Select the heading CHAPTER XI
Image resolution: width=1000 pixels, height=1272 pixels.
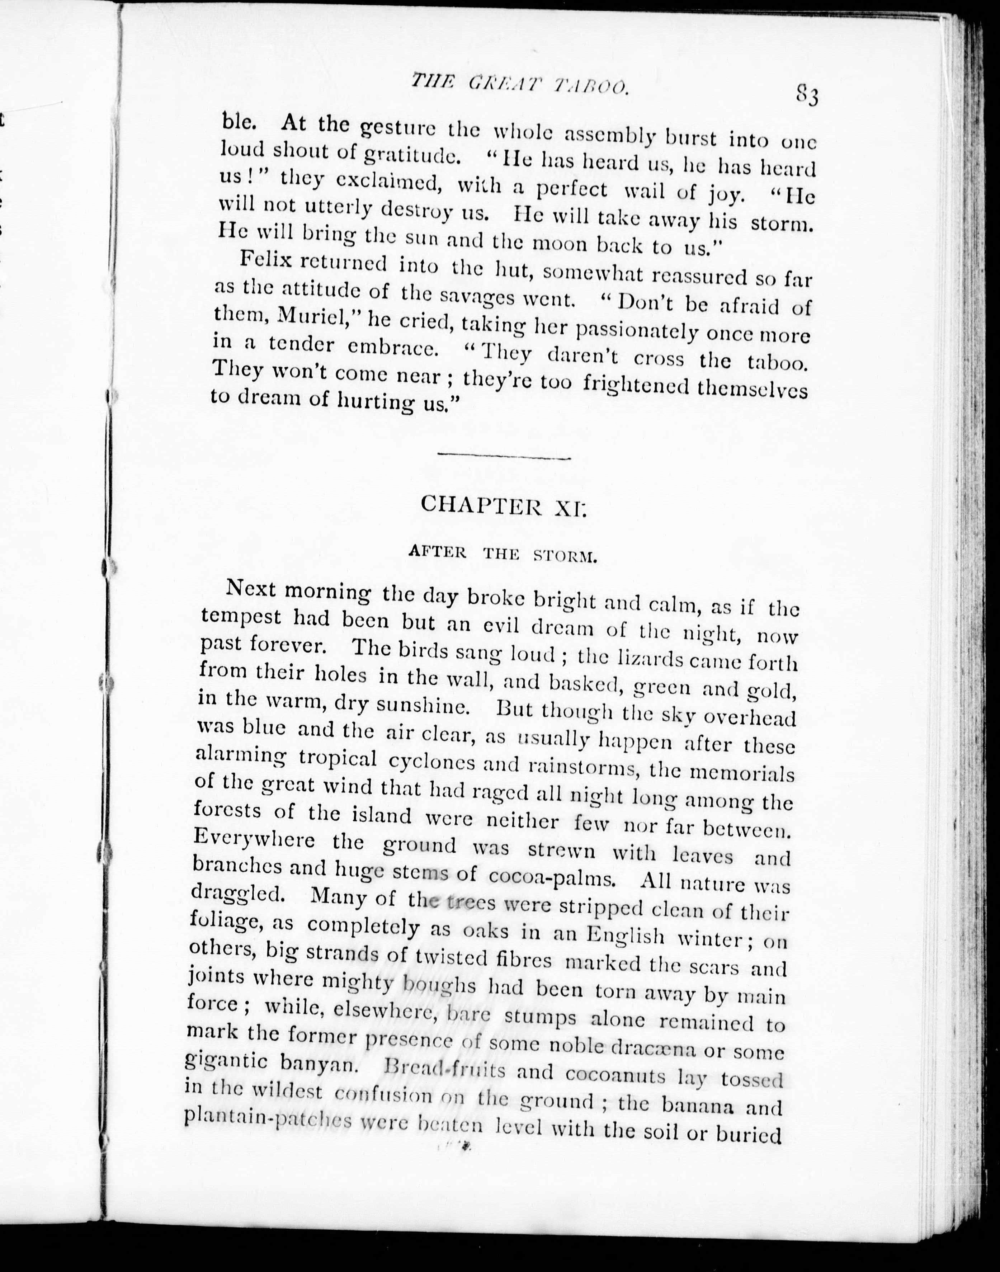click(503, 505)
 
